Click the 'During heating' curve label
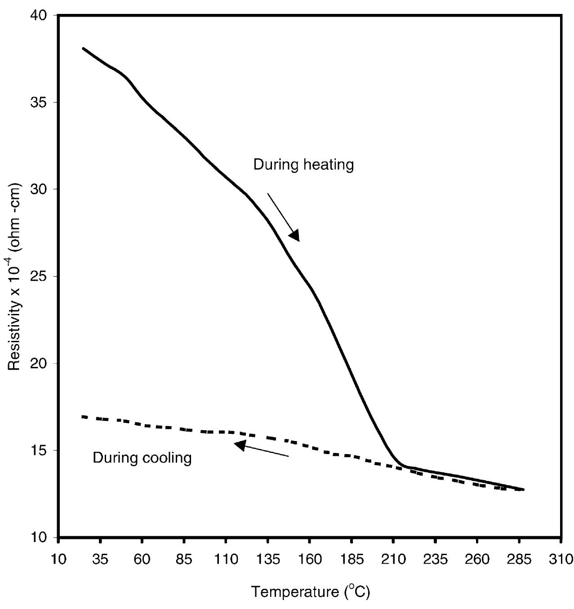tap(303, 165)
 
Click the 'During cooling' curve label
tap(142, 458)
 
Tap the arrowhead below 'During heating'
tap(294, 235)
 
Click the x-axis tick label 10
tap(58, 560)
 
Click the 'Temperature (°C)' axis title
tap(310, 591)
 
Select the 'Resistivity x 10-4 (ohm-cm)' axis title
tap(16, 276)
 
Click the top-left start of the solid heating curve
tap(84, 48)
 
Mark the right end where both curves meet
tap(523, 490)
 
